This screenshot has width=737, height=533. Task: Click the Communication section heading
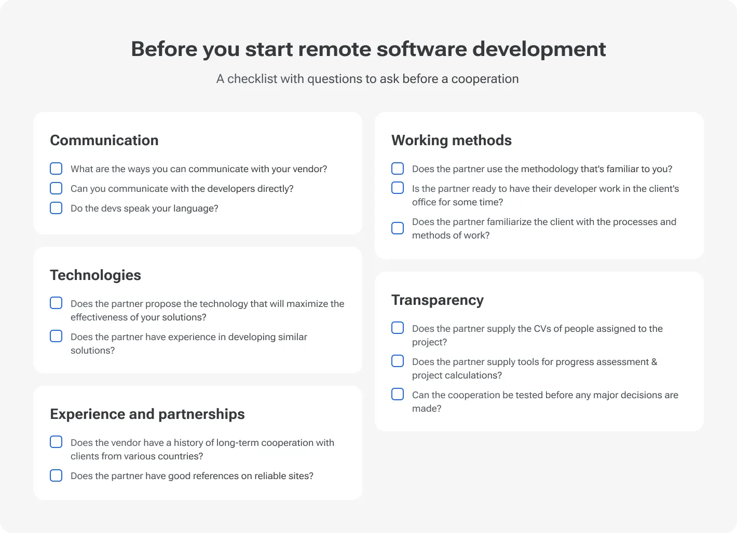click(x=104, y=141)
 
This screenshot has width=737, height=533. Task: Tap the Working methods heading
click(x=451, y=141)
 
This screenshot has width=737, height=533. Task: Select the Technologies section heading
click(x=95, y=275)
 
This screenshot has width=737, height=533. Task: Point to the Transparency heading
click(x=437, y=300)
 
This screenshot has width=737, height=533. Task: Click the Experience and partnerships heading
click(x=147, y=414)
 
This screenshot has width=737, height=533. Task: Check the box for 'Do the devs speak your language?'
click(x=56, y=208)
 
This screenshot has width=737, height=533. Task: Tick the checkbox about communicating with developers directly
click(x=56, y=188)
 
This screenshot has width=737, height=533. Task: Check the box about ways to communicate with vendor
click(x=56, y=169)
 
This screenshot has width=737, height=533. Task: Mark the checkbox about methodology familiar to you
click(x=398, y=169)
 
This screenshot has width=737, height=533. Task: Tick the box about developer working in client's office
click(x=398, y=188)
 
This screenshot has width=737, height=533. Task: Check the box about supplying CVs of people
click(x=398, y=328)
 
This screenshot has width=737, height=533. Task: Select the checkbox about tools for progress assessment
click(x=398, y=361)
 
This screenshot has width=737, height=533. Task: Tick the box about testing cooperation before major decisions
click(x=398, y=394)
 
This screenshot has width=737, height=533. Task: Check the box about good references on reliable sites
click(x=56, y=475)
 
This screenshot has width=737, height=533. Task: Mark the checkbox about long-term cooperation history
click(x=56, y=442)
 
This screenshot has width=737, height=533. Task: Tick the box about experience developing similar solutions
click(x=56, y=336)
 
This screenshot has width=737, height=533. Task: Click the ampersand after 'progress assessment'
click(x=654, y=362)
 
